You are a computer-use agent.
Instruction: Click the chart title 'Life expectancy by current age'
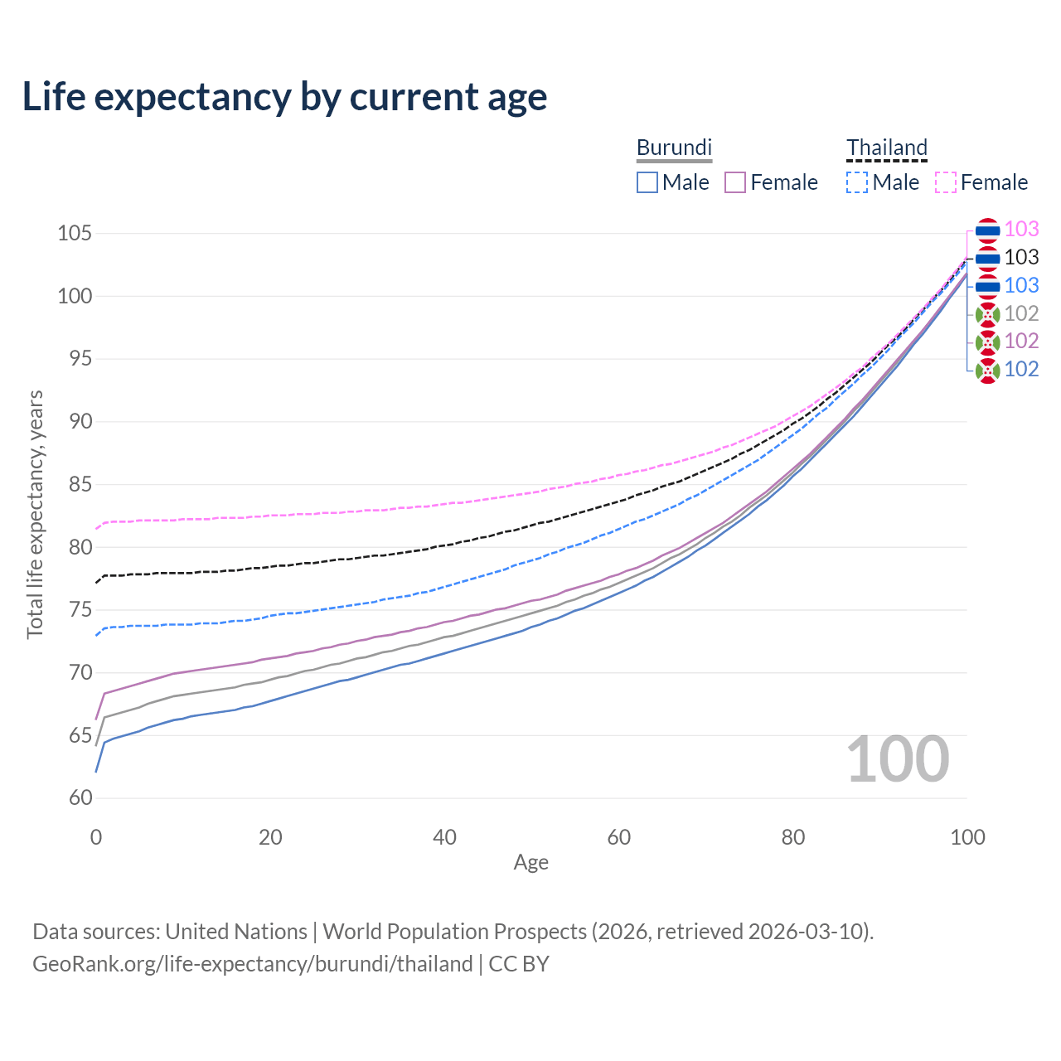tap(284, 97)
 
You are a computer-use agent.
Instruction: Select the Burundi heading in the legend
tap(674, 148)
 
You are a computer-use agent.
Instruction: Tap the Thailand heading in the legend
tap(886, 148)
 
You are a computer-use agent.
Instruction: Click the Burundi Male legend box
tap(647, 182)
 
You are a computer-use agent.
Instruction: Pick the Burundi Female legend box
tap(735, 182)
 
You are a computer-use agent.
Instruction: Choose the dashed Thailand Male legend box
tap(857, 182)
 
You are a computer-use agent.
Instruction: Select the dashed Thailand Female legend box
tap(946, 182)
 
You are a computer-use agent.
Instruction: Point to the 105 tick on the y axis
tap(74, 233)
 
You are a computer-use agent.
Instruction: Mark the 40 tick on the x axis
tap(445, 837)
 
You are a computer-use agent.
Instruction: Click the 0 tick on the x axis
tap(96, 837)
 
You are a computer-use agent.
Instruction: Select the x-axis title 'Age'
tap(530, 863)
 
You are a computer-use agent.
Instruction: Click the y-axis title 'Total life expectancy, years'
tap(35, 515)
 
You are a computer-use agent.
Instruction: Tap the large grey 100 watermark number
tap(898, 759)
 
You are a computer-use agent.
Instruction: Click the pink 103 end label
tap(1021, 230)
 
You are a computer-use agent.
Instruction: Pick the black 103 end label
tap(1021, 258)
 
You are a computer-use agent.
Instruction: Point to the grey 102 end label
tap(1021, 313)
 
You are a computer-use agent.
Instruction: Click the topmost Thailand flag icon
tap(987, 230)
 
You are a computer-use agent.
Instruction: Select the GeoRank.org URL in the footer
tap(252, 964)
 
